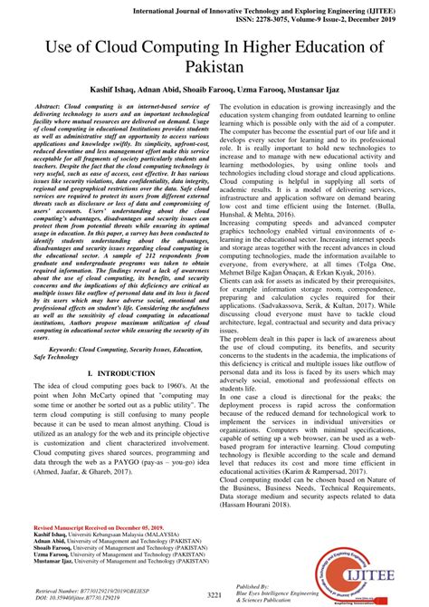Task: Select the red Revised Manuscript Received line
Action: (90, 526)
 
